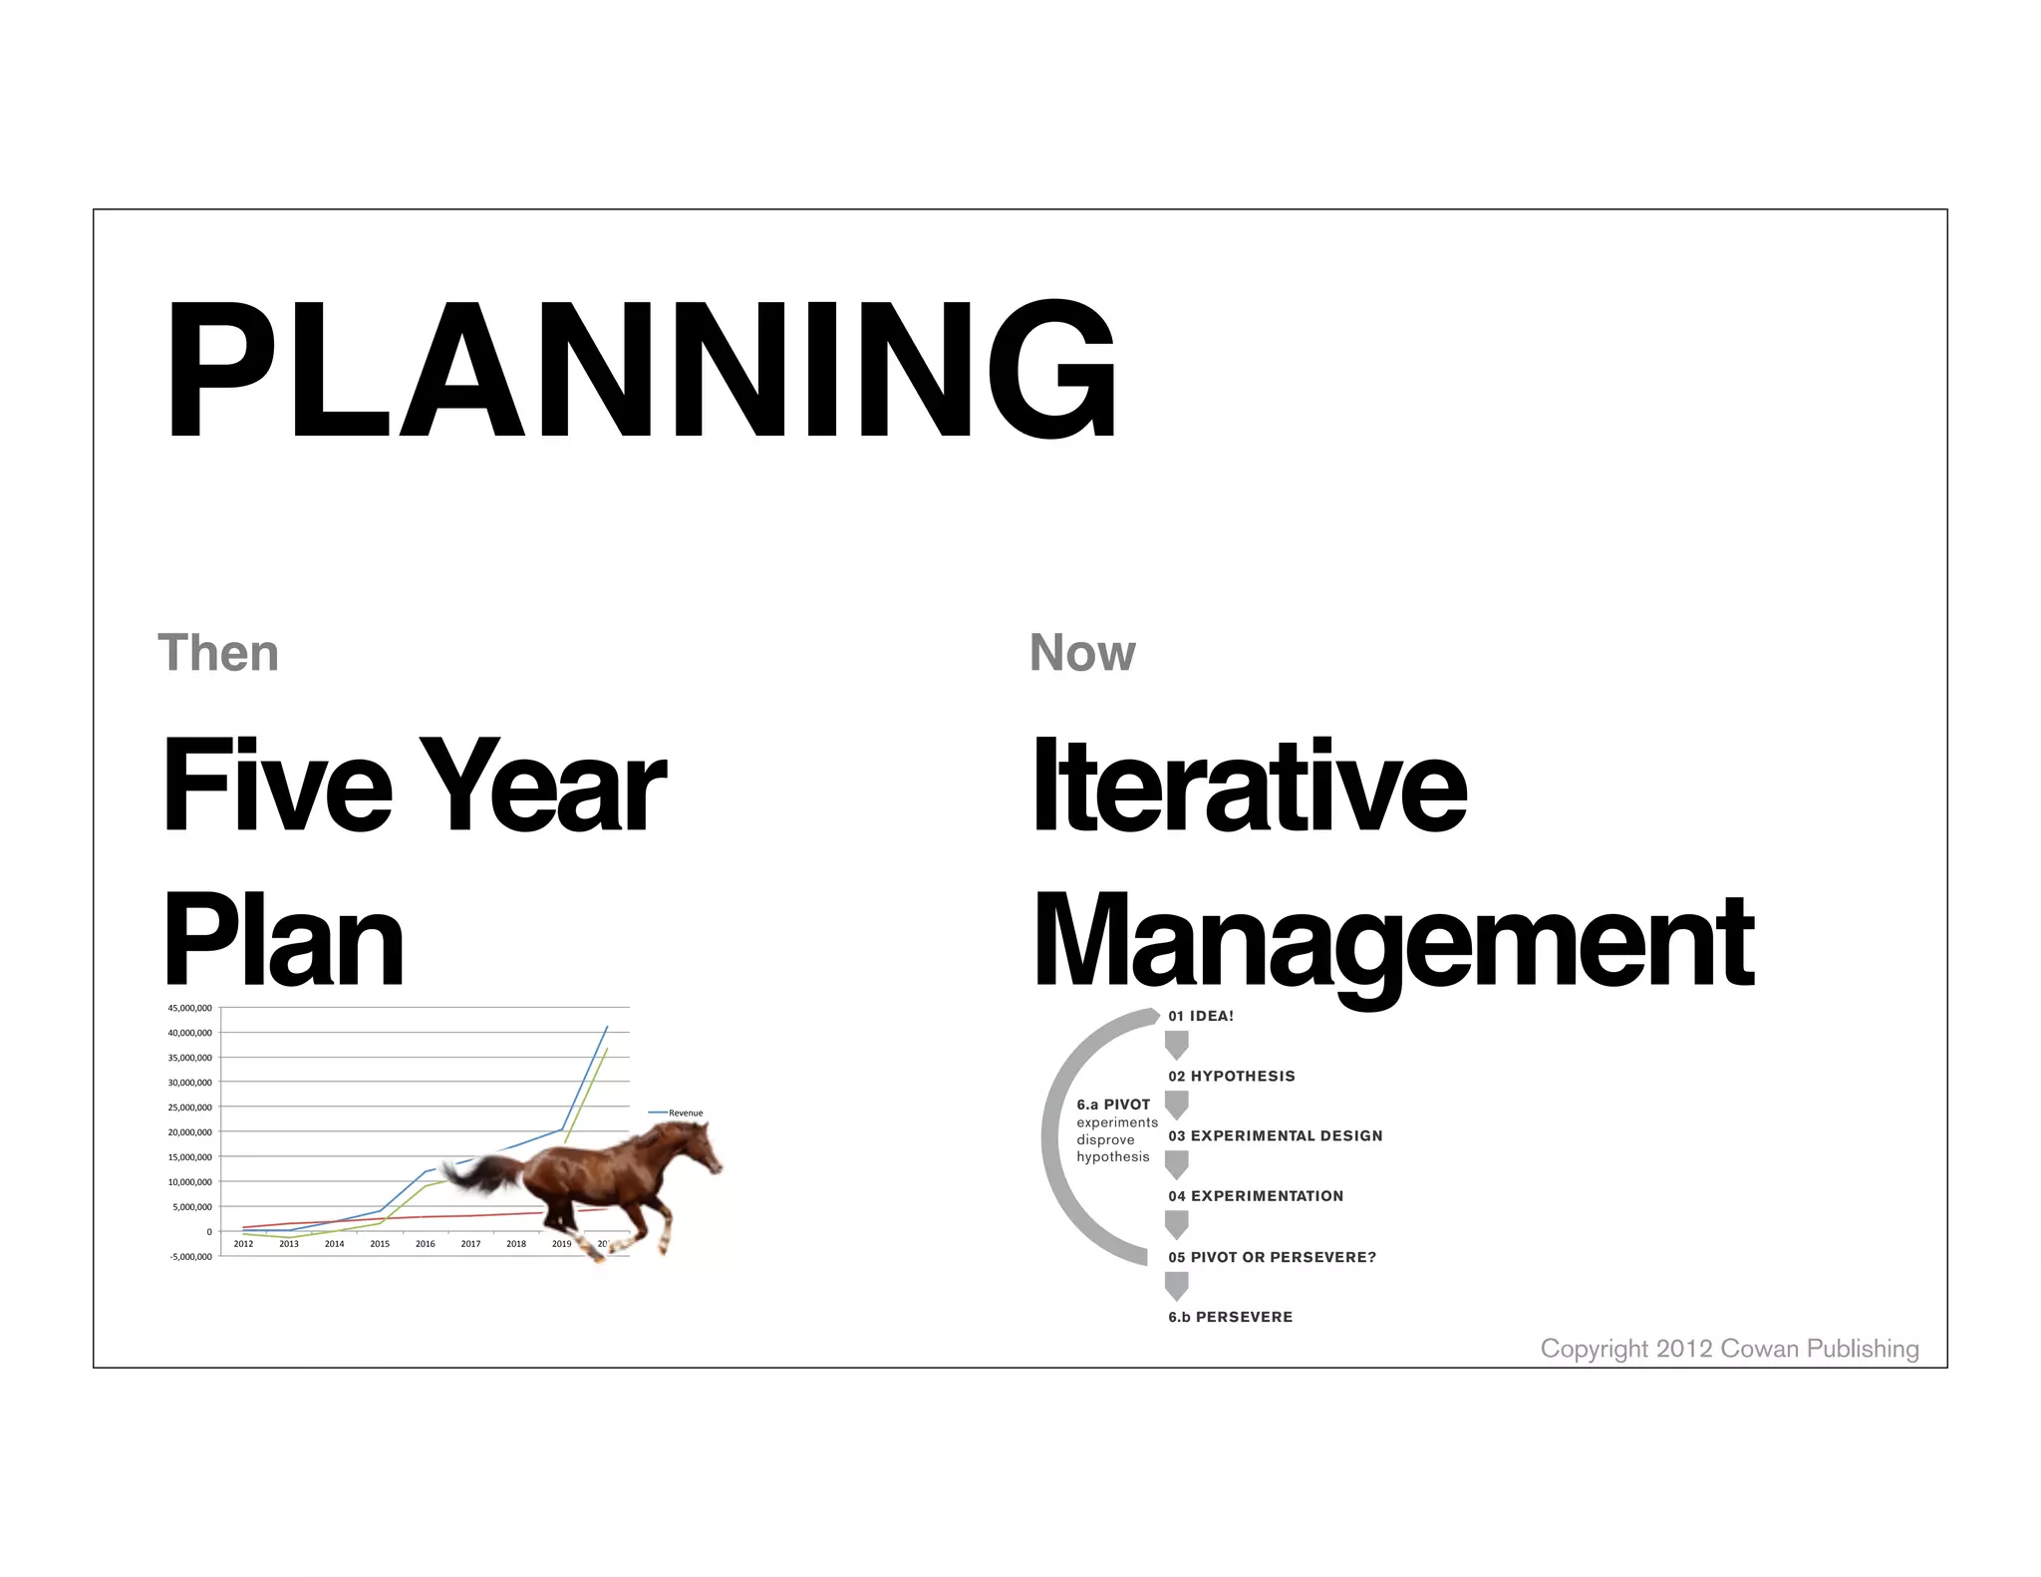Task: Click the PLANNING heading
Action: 641,369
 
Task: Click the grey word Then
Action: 218,653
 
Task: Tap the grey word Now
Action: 1081,653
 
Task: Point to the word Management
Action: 1392,942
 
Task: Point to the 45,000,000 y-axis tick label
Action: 189,1008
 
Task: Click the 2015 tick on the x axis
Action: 380,1244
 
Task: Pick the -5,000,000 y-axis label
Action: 189,1257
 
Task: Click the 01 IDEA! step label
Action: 1201,1016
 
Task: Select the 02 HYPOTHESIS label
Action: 1232,1076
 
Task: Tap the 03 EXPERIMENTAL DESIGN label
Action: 1275,1135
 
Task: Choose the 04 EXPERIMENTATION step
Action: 1256,1196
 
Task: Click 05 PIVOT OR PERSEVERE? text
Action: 1272,1257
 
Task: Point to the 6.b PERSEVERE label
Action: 1230,1317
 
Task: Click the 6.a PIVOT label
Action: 1113,1104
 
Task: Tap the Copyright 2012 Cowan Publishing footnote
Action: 1729,1349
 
